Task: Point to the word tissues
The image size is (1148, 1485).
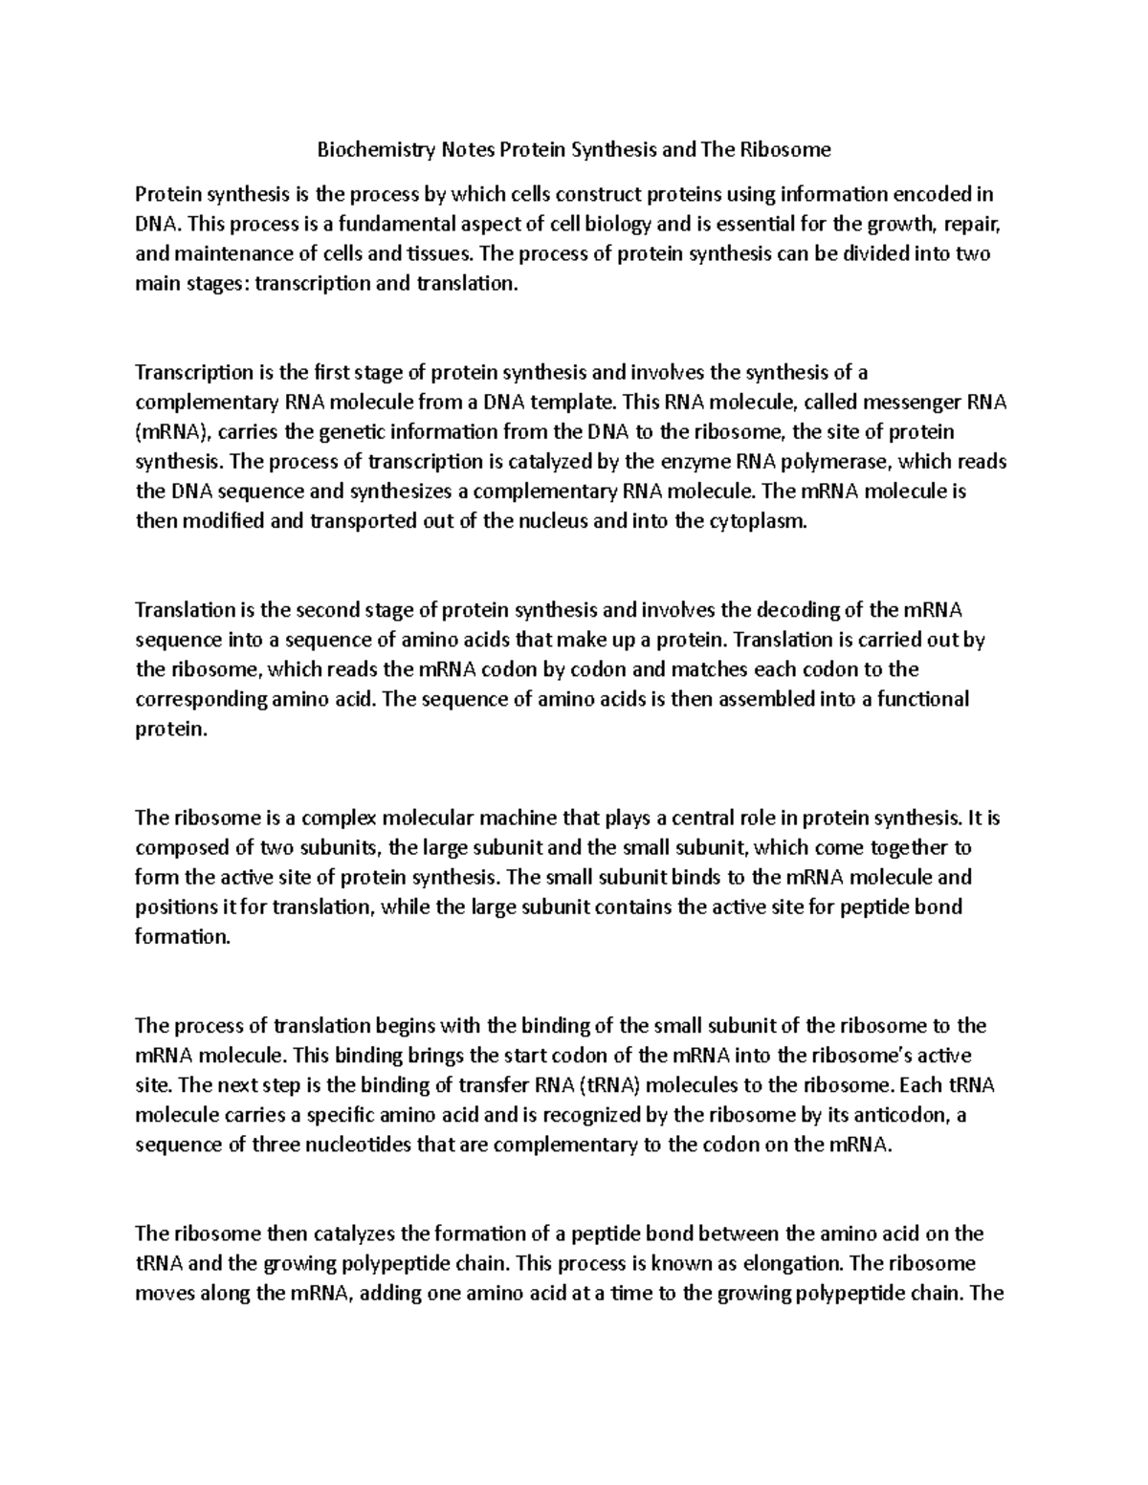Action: (x=439, y=254)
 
